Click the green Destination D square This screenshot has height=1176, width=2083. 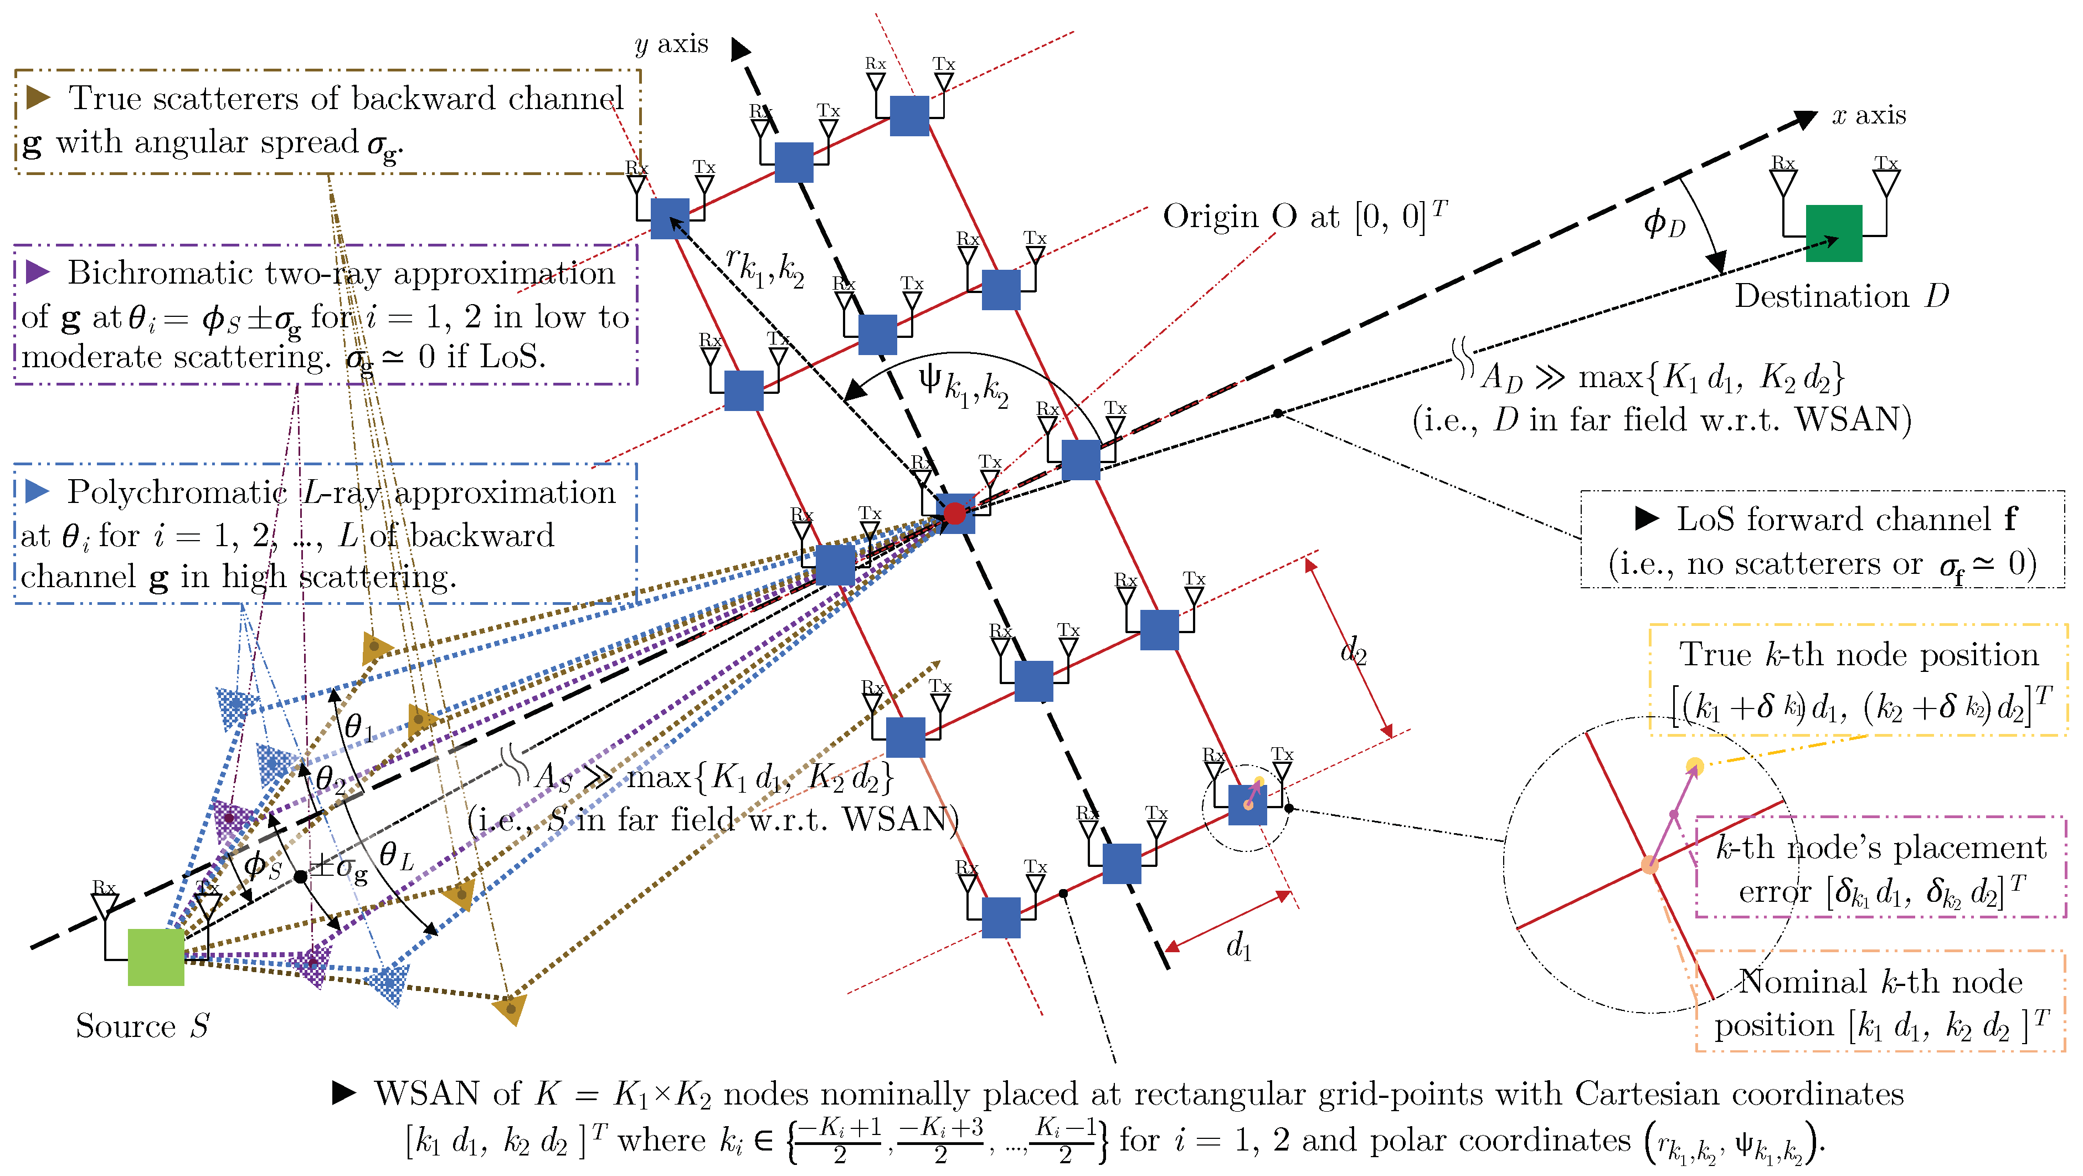coord(1833,234)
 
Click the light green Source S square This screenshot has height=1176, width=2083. coord(156,957)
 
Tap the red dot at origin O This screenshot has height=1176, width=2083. coord(955,513)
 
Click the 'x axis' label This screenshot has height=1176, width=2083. coord(1868,116)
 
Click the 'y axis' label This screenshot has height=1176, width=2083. coord(671,44)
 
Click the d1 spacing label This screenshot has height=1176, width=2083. coord(1238,944)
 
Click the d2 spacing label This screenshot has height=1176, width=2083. coord(1353,649)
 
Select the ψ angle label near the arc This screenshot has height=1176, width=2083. coord(962,387)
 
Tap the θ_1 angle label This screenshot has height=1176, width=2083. coord(358,726)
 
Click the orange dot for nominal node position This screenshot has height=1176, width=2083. coord(1649,865)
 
